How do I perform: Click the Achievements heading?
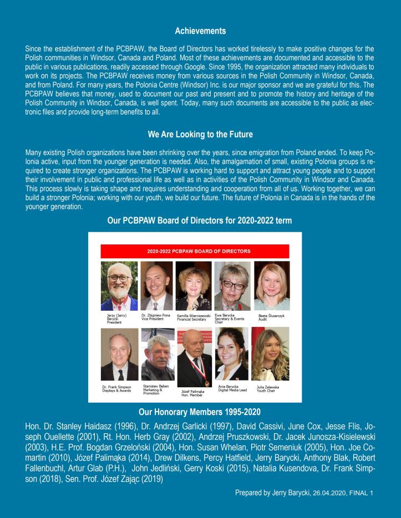click(200, 32)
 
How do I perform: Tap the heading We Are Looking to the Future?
click(200, 134)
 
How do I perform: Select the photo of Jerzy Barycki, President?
click(120, 285)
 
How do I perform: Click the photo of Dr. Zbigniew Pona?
click(156, 285)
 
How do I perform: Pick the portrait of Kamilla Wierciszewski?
click(194, 285)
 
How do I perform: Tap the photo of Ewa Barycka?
click(232, 285)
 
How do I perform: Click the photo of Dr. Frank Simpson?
click(120, 353)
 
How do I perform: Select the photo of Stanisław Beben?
click(158, 353)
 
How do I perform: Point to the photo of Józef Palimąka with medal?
click(194, 357)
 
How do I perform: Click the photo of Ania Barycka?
click(231, 353)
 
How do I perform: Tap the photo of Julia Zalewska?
click(270, 353)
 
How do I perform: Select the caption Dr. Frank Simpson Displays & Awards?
click(119, 388)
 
